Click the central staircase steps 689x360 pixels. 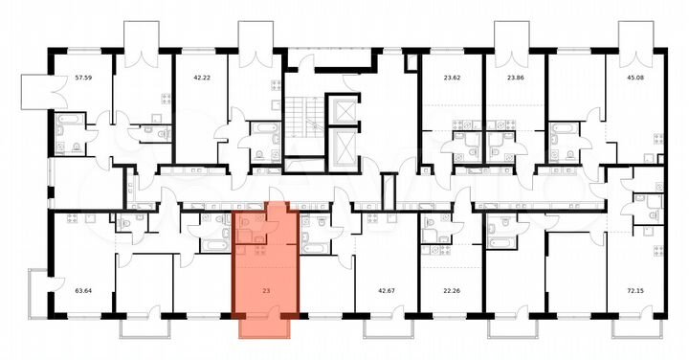(x=305, y=124)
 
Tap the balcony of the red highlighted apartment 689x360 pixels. (x=265, y=326)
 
